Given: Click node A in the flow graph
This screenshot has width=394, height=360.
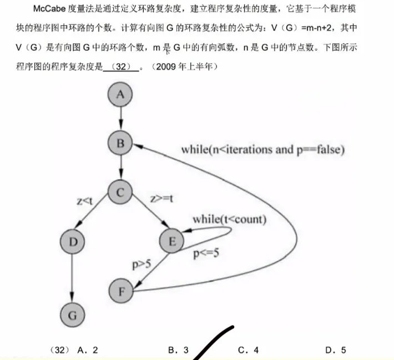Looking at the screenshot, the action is click(120, 95).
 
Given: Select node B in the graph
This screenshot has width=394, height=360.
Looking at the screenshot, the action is click(120, 143).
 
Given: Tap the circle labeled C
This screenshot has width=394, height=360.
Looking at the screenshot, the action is click(120, 192).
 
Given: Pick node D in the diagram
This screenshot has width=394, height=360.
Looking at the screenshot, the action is click(73, 242).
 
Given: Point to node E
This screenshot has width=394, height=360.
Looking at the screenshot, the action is click(172, 241).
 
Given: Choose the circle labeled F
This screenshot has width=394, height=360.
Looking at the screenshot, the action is click(121, 291).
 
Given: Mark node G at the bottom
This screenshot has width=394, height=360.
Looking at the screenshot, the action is click(72, 315).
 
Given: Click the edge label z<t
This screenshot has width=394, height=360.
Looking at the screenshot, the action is click(85, 201).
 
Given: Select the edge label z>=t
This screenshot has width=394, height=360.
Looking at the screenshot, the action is click(161, 199).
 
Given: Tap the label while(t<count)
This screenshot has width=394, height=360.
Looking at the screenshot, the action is click(229, 220).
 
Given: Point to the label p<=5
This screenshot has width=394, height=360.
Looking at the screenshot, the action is click(206, 253).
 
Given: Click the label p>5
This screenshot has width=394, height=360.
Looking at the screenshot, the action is click(142, 264).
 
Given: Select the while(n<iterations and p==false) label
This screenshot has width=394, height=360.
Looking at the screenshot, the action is click(263, 149).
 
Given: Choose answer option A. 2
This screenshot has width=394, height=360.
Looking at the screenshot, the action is click(88, 350).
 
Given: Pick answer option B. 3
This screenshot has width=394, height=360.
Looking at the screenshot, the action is click(178, 350).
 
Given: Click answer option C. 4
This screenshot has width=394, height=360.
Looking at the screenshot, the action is click(248, 350).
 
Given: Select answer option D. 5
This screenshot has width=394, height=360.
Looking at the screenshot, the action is click(336, 350).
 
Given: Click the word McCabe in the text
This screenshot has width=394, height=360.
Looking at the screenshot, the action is click(49, 9).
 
